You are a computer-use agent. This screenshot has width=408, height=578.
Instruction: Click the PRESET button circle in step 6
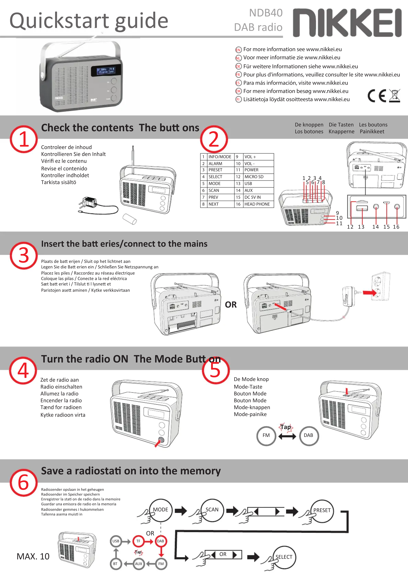322,510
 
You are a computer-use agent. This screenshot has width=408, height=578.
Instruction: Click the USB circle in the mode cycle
116,541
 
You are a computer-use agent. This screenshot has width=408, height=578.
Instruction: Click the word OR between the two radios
231,305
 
